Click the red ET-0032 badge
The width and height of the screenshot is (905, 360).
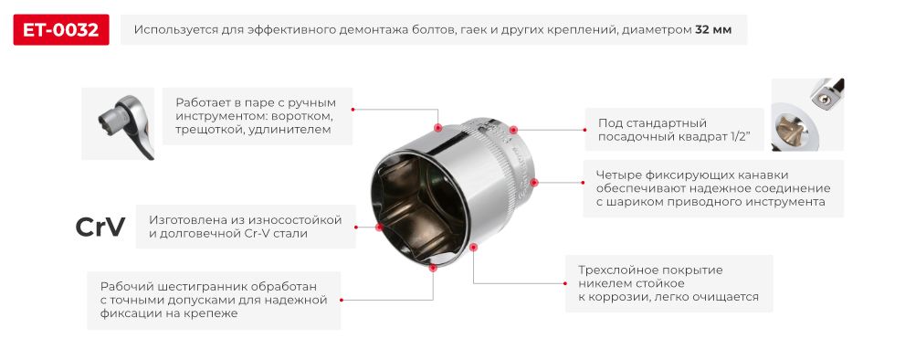coord(61,29)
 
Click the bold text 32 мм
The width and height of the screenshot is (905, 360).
coord(713,29)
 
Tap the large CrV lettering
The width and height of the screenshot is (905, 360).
coord(100,228)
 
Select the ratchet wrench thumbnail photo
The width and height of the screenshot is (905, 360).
coord(118,123)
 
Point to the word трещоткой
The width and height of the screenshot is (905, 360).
coord(208,131)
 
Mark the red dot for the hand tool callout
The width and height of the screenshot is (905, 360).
coord(439,127)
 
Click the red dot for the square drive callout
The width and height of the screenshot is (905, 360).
coord(513,130)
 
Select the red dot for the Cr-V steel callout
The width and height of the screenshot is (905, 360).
coord(377,228)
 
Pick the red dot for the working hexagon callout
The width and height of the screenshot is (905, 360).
coord(434,268)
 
